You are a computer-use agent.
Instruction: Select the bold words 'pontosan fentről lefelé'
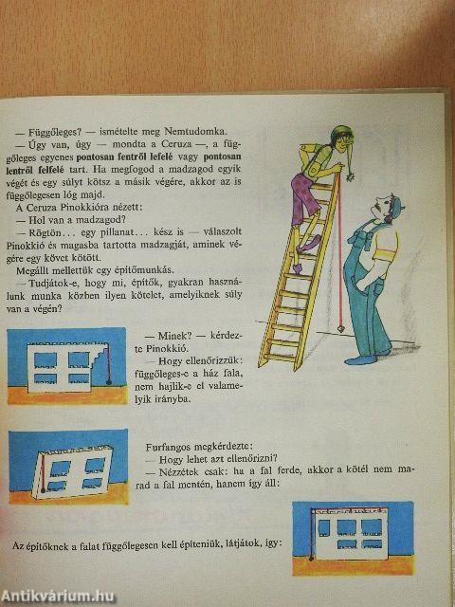pyautogui.click(x=126, y=157)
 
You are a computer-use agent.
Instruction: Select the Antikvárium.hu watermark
pyautogui.click(x=57, y=597)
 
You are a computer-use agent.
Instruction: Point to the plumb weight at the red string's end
pyautogui.click(x=341, y=329)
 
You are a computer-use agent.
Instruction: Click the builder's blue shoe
pyautogui.click(x=360, y=360)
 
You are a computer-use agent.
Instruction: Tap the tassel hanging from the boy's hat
pyautogui.click(x=352, y=178)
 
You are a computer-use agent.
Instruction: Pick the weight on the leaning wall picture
pyautogui.click(x=44, y=489)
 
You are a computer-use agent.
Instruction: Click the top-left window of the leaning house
pyautogui.click(x=61, y=468)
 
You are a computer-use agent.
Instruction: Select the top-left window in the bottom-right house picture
pyautogui.click(x=324, y=527)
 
